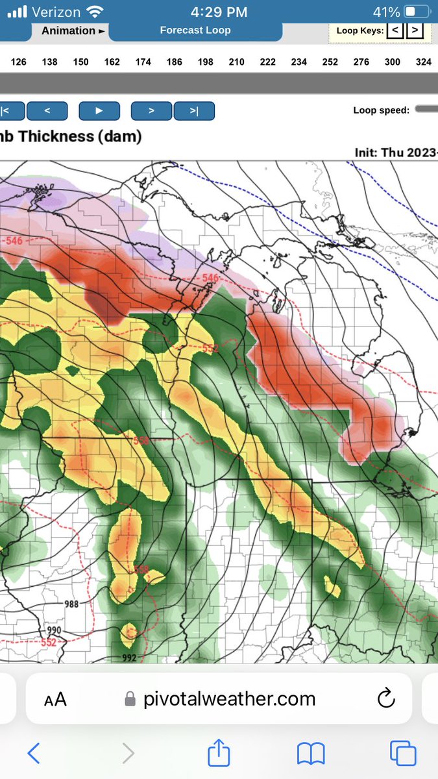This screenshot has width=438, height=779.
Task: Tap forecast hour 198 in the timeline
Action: (206, 62)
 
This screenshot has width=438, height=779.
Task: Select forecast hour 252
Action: (330, 62)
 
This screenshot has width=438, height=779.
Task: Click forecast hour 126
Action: (19, 62)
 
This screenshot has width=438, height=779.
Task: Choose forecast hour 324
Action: (424, 62)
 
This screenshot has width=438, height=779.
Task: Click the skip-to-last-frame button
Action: (194, 111)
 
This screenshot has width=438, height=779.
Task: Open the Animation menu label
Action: (73, 31)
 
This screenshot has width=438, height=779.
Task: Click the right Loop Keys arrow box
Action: (415, 30)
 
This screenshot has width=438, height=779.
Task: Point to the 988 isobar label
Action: (71, 604)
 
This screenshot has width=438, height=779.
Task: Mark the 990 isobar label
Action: (55, 630)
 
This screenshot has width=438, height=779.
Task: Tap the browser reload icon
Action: (385, 699)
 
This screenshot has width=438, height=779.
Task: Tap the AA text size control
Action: (55, 699)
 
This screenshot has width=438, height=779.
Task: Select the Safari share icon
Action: (219, 753)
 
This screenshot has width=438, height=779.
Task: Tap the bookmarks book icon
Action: (311, 754)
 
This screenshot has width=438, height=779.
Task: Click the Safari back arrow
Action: (34, 754)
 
